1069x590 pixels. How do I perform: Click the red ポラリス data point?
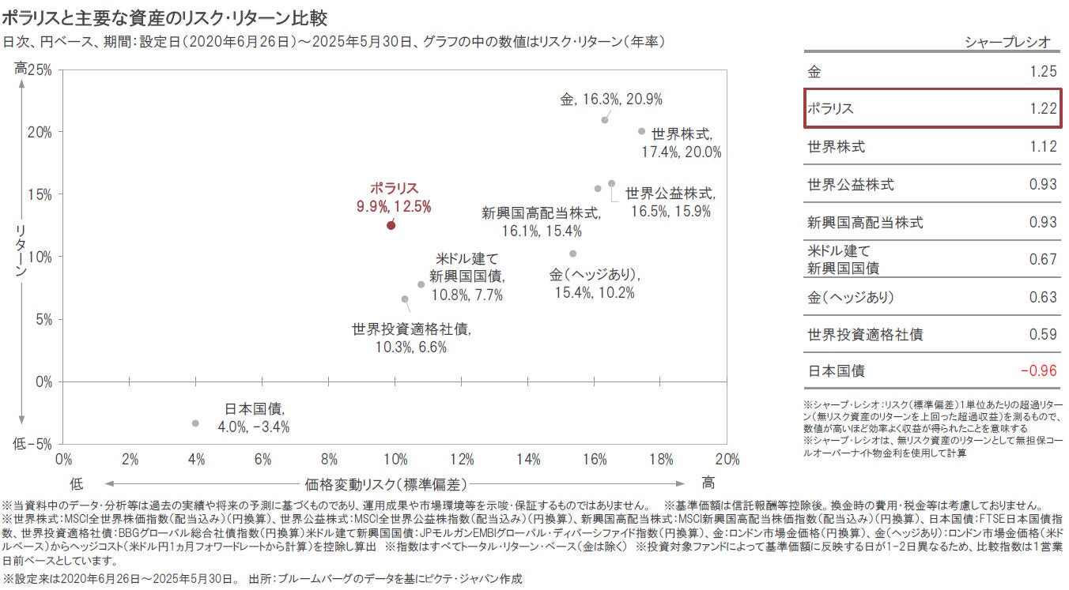click(391, 225)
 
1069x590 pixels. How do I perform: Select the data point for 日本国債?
click(195, 423)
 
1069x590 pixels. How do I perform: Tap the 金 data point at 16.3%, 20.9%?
click(605, 120)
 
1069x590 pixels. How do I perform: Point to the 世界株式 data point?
click(641, 131)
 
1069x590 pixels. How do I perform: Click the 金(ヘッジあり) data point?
click(573, 254)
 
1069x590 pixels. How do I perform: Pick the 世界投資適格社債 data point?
click(405, 299)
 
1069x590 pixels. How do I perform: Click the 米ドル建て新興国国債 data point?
click(421, 284)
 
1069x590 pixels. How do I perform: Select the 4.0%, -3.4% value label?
click(253, 427)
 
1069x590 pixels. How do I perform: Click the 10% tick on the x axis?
click(395, 459)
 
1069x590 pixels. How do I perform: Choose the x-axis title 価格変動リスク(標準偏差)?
click(385, 483)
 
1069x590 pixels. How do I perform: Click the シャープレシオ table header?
click(1007, 41)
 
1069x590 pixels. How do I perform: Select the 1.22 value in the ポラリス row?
click(1043, 109)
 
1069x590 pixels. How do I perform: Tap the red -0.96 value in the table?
click(1038, 371)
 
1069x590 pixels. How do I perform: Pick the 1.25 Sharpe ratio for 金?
click(1043, 72)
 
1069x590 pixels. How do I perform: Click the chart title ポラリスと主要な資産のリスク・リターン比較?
click(165, 17)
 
